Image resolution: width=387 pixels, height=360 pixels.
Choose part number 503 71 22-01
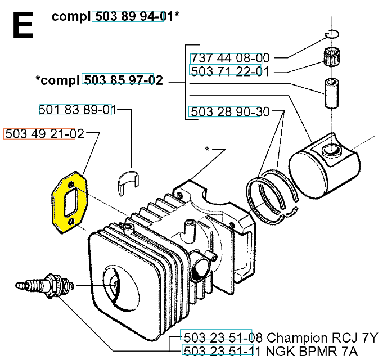(230, 71)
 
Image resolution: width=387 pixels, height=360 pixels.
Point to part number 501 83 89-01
(76, 110)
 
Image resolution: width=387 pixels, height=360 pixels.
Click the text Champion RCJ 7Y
(323, 338)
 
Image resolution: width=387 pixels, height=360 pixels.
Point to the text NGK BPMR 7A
(321, 352)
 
